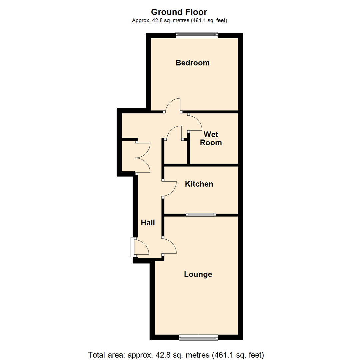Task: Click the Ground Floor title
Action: [x=179, y=12]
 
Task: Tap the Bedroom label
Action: [x=193, y=63]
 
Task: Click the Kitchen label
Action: [x=199, y=184]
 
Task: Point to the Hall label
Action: [x=148, y=223]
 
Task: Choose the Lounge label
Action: [x=198, y=274]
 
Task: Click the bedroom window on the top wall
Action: [x=197, y=35]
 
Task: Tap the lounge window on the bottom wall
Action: [x=198, y=338]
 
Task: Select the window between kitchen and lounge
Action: [x=201, y=215]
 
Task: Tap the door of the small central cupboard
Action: [x=173, y=132]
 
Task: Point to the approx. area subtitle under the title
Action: [x=180, y=21]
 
